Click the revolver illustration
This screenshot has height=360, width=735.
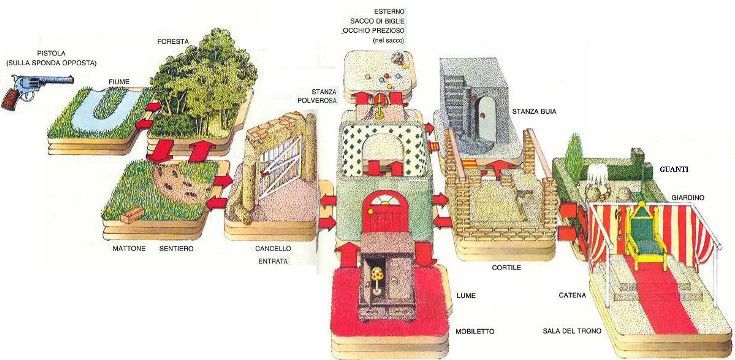click(x=35, y=90)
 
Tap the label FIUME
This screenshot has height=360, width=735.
click(x=118, y=82)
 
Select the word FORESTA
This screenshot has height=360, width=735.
click(x=173, y=41)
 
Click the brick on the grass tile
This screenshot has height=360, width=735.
click(x=132, y=215)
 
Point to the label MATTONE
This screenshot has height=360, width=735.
click(x=128, y=248)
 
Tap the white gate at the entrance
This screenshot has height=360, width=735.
click(x=279, y=165)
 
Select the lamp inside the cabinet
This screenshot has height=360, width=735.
click(x=375, y=281)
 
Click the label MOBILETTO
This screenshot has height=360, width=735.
click(x=474, y=331)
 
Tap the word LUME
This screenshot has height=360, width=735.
click(x=465, y=296)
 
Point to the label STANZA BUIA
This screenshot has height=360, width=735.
click(x=534, y=112)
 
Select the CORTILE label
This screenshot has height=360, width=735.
click(x=506, y=268)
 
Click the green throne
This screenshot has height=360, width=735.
click(x=645, y=235)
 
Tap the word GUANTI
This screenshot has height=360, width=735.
click(x=675, y=170)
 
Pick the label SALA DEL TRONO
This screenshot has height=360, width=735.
click(x=572, y=331)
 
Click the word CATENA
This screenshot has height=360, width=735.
click(x=572, y=296)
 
